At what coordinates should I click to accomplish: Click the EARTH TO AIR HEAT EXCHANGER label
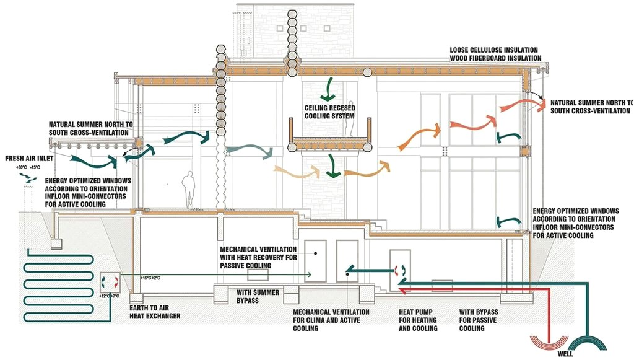[155, 312]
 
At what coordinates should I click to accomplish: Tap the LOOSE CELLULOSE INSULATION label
[494, 50]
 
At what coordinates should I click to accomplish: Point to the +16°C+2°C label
[151, 278]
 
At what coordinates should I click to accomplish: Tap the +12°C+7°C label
[110, 297]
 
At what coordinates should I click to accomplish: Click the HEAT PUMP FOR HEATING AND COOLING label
[418, 320]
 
